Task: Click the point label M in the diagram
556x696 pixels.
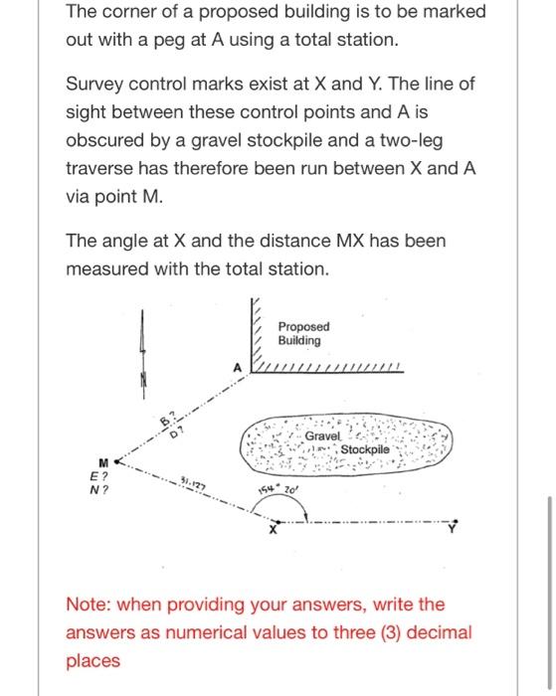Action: pyautogui.click(x=103, y=463)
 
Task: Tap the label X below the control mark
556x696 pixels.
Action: pyautogui.click(x=274, y=530)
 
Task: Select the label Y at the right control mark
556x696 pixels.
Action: pyautogui.click(x=452, y=528)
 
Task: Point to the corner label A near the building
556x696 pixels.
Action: pyautogui.click(x=238, y=368)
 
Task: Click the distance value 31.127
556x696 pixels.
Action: pyautogui.click(x=193, y=483)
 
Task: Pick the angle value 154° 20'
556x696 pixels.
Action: pyautogui.click(x=278, y=489)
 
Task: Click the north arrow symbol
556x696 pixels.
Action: pyautogui.click(x=142, y=354)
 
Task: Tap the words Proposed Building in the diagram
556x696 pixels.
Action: pyautogui.click(x=303, y=333)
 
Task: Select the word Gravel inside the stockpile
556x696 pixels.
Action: pyautogui.click(x=322, y=435)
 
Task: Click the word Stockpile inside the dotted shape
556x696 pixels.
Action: pyautogui.click(x=365, y=449)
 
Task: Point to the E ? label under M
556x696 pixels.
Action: pyautogui.click(x=98, y=476)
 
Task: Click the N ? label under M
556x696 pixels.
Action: pyautogui.click(x=98, y=490)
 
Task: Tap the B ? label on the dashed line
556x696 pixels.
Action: pyautogui.click(x=168, y=420)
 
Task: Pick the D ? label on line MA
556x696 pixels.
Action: pyautogui.click(x=177, y=433)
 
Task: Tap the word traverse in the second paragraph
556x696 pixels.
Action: pyautogui.click(x=99, y=169)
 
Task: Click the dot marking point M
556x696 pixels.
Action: pyautogui.click(x=116, y=461)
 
